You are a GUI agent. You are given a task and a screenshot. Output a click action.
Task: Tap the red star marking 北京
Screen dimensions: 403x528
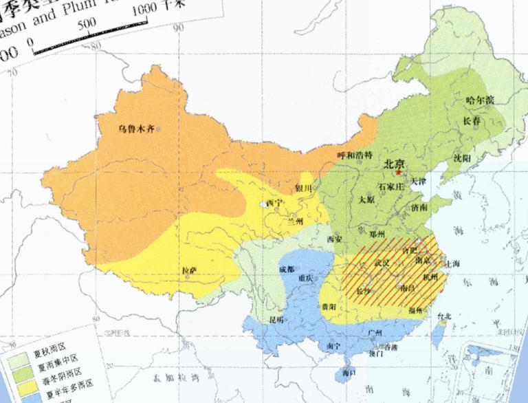(x=398, y=172)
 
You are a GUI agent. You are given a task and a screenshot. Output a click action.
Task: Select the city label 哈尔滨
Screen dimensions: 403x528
(x=479, y=100)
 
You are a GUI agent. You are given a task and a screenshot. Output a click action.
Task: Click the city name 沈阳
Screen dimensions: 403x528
(x=462, y=158)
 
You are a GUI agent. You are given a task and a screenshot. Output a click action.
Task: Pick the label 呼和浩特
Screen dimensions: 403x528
(x=353, y=155)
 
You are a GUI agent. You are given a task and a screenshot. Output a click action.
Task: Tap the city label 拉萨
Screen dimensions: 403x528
(x=188, y=271)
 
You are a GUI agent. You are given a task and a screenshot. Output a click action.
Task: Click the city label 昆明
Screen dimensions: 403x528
(x=276, y=320)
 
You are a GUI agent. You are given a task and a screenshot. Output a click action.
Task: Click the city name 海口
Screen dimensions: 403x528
(x=349, y=372)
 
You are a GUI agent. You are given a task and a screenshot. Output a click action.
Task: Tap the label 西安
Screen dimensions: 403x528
(x=334, y=239)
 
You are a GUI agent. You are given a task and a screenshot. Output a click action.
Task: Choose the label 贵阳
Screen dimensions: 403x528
(x=328, y=305)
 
